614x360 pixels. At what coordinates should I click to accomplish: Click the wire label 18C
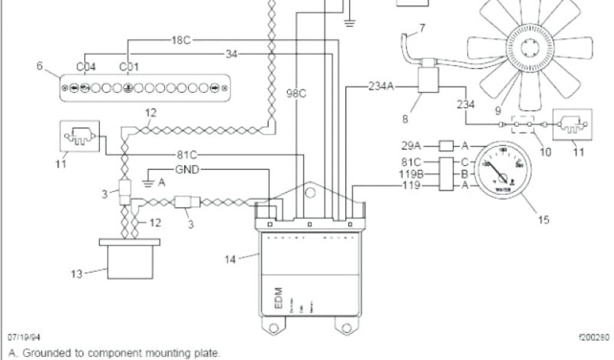coord(180,40)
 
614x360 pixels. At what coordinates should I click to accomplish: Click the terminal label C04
coord(86,66)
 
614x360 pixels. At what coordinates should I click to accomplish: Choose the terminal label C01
coord(129,66)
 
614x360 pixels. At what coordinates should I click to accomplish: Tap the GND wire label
coord(186,169)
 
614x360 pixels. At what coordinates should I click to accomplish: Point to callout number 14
coord(230,259)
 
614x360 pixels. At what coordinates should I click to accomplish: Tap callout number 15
coord(543,220)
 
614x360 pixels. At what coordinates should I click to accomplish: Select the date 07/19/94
coord(24,338)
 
